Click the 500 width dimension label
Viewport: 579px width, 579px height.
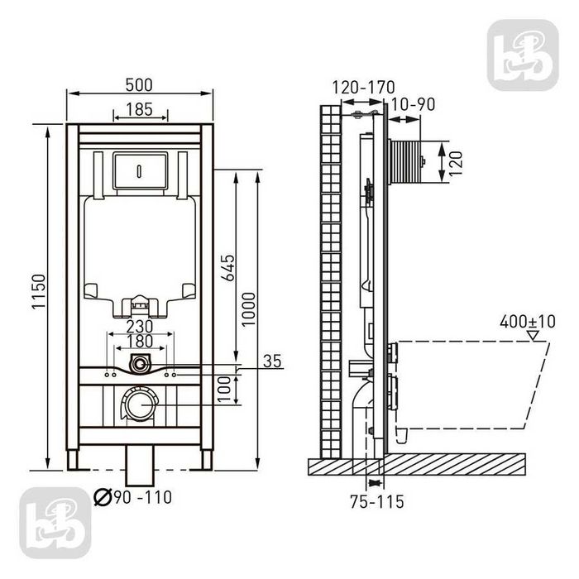[x=139, y=85]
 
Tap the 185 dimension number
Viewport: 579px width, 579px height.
[x=139, y=109]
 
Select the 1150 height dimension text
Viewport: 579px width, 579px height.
[x=39, y=292]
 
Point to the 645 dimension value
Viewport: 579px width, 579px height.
[x=227, y=268]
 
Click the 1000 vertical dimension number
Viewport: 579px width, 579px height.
[x=248, y=309]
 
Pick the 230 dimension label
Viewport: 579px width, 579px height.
[x=140, y=327]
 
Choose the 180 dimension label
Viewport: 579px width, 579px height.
[x=140, y=342]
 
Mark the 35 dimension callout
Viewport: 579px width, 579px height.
[x=272, y=361]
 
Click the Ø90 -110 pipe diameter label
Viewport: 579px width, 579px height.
[x=133, y=497]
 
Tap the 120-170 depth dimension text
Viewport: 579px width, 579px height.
[x=363, y=88]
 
